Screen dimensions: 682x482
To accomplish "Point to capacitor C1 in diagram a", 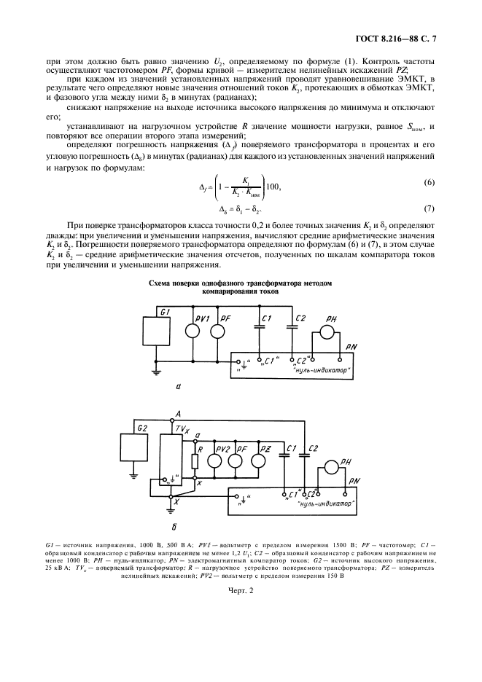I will coord(259,326).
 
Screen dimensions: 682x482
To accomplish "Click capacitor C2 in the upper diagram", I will coord(291,326).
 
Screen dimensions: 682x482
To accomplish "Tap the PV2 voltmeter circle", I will coord(215,460).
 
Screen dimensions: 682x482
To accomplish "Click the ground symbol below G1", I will coord(155,372).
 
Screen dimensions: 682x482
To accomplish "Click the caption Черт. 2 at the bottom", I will coord(241,591).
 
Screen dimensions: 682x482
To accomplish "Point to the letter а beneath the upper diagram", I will coord(177,388).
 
